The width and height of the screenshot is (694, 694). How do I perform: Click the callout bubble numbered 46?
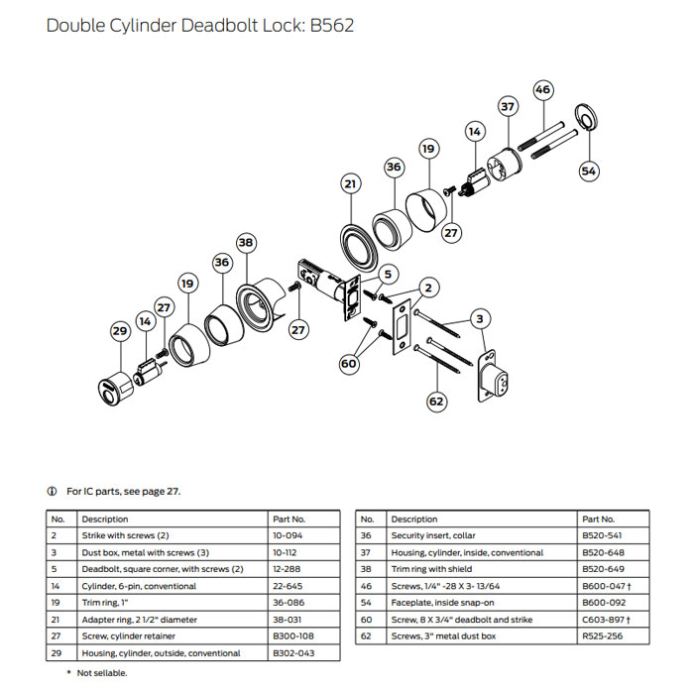pos(542,90)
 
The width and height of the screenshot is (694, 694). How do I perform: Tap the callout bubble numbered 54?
pos(590,171)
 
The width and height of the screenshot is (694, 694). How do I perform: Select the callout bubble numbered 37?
pos(508,106)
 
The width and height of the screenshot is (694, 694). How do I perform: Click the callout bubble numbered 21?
pos(350,184)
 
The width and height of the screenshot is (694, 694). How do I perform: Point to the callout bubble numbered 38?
pos(246,242)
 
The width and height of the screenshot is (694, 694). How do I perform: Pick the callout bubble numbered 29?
pos(120,330)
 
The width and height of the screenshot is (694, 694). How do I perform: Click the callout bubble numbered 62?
pos(437,401)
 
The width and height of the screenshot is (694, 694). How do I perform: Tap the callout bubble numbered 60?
pos(348,364)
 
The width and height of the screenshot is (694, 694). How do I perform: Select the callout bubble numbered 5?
pos(388,274)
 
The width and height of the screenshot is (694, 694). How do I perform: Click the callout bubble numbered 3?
pos(480,318)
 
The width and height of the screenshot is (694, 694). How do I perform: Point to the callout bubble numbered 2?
pos(427,288)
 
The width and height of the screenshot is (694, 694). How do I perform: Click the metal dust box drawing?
pos(494,376)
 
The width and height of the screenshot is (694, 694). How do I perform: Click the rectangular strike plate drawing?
pos(403,325)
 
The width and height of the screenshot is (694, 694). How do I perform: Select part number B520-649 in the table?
pos(603,569)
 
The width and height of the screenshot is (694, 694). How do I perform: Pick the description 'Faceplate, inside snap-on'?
pos(437,603)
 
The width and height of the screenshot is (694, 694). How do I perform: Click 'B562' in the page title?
pos(332,25)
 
